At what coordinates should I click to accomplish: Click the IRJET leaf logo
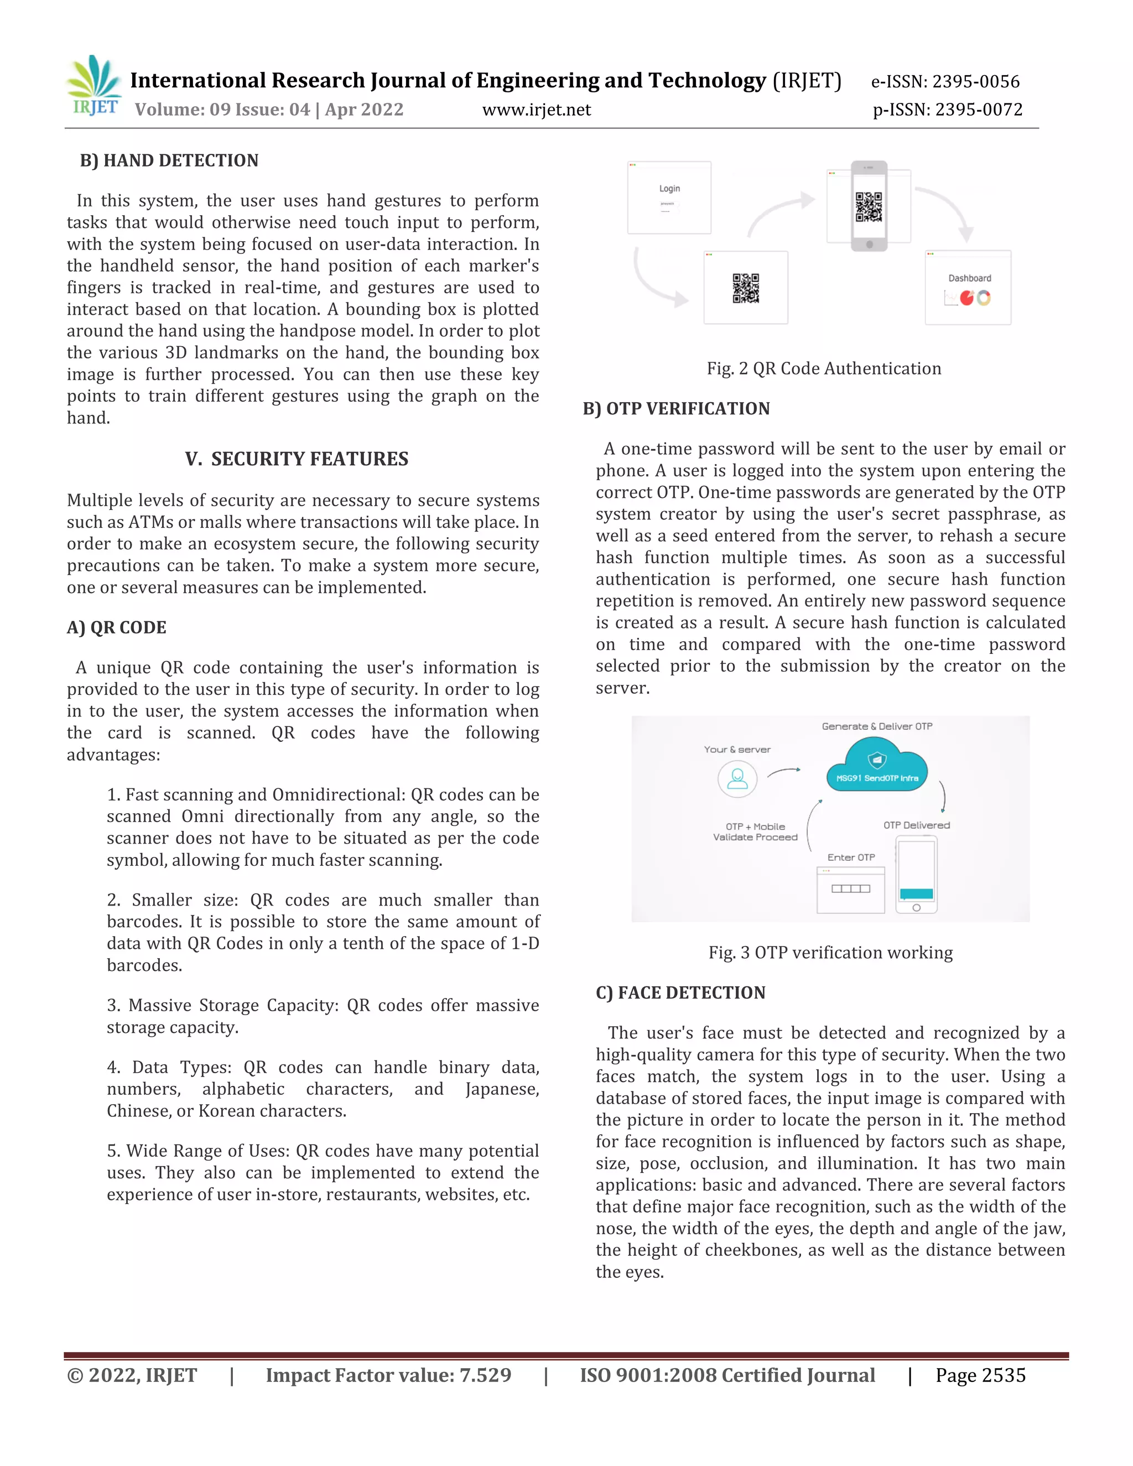[x=95, y=85]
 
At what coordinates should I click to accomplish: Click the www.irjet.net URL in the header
[x=536, y=110]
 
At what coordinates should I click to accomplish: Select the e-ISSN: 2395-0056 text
[x=944, y=81]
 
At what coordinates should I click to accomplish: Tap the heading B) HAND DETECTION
[x=169, y=160]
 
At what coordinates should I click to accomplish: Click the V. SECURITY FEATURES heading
[x=296, y=459]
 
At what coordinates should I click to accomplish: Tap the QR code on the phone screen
[x=868, y=207]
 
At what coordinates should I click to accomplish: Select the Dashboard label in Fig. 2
[x=969, y=278]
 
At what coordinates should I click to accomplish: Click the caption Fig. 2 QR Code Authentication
[x=824, y=368]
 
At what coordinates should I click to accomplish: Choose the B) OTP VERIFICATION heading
[x=676, y=408]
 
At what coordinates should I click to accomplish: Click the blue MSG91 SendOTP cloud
[x=877, y=767]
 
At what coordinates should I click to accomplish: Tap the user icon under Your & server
[x=737, y=779]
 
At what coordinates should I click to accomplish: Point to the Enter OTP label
[x=850, y=857]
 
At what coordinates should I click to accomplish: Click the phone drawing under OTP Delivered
[x=916, y=875]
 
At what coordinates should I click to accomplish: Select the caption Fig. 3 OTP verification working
[x=830, y=953]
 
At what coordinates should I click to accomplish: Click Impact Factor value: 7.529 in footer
[x=388, y=1375]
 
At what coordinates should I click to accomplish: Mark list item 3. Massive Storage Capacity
[x=322, y=1016]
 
